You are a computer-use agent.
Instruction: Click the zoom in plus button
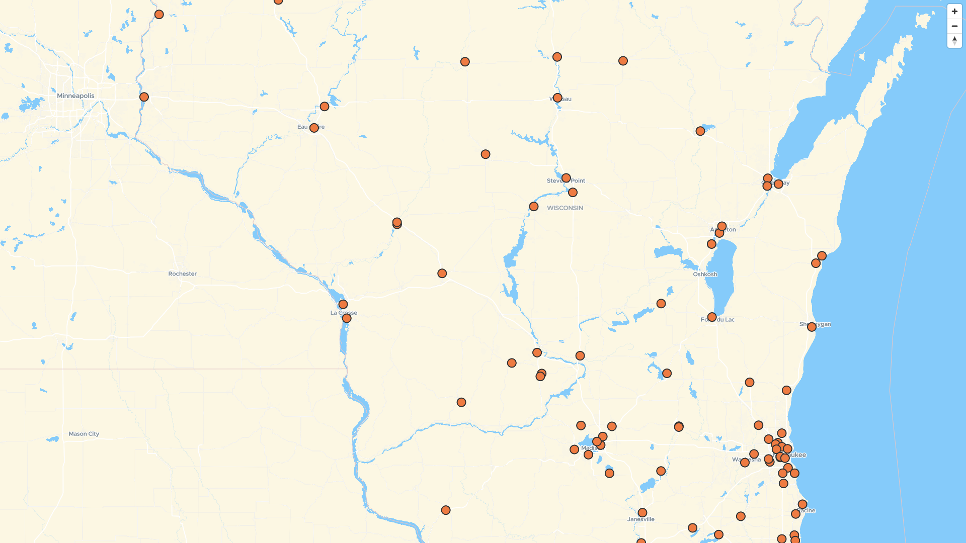click(954, 12)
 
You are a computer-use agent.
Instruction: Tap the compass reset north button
click(954, 40)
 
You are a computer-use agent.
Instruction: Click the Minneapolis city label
click(75, 96)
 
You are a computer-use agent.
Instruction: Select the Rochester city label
click(182, 274)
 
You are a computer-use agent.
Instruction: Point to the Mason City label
click(84, 434)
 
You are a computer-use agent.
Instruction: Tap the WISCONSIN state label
click(565, 208)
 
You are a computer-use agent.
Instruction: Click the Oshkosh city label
click(705, 275)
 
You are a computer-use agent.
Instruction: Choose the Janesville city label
click(641, 519)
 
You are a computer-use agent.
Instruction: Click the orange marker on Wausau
click(557, 98)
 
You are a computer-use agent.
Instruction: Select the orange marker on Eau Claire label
click(314, 128)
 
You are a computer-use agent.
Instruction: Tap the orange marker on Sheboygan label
click(812, 327)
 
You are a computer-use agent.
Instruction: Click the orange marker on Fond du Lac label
click(712, 317)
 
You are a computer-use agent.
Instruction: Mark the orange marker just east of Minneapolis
click(144, 97)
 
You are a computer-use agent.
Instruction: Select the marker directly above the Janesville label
click(642, 513)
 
